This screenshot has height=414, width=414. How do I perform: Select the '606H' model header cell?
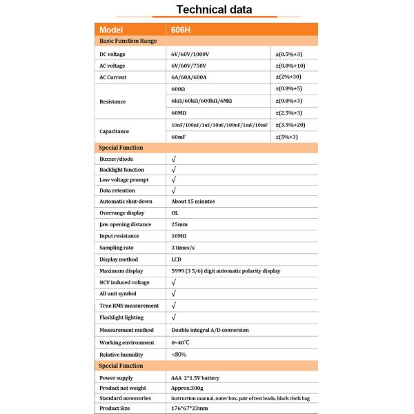(x=181, y=30)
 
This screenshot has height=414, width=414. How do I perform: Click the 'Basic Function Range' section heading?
(x=128, y=41)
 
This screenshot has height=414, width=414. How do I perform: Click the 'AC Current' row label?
(x=114, y=77)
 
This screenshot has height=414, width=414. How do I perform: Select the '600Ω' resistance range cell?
(x=178, y=89)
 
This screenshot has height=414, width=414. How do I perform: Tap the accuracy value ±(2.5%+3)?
(x=289, y=112)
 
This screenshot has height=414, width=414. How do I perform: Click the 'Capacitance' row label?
(x=115, y=130)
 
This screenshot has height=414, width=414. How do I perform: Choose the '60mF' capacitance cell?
(x=179, y=137)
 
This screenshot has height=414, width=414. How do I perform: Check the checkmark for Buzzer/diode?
(x=174, y=159)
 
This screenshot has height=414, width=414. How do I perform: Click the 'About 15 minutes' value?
(x=193, y=201)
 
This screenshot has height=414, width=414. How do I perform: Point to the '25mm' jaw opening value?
(x=179, y=224)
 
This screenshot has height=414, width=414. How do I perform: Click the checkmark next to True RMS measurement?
(x=174, y=305)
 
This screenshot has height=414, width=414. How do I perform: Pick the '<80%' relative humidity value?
(x=178, y=354)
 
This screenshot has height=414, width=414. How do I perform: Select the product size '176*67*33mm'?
(x=190, y=408)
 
